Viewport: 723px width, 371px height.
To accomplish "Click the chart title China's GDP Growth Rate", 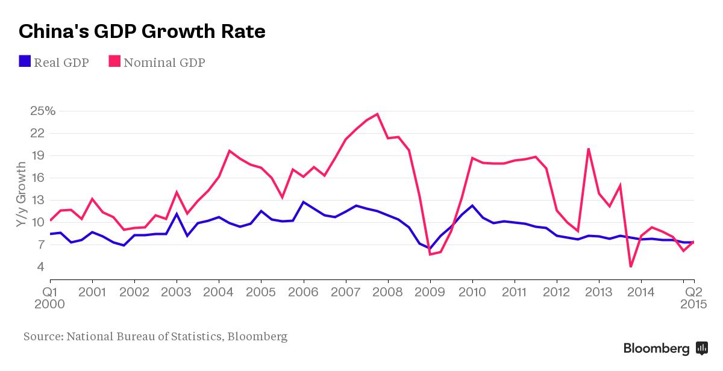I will point(142,31).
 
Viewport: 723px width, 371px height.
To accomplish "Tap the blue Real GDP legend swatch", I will point(25,61).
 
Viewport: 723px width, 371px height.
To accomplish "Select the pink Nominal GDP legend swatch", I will point(114,61).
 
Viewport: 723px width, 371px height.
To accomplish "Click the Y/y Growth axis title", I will point(21,194).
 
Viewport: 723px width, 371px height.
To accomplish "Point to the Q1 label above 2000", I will point(49,291).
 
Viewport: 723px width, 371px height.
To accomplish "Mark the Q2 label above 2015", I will point(694,291).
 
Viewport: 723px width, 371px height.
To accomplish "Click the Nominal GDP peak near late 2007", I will point(377,114).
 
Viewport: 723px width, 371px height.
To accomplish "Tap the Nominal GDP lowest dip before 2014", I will point(630,266).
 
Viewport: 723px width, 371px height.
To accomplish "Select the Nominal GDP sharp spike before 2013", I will point(588,149).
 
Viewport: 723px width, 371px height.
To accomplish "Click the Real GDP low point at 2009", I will point(430,248).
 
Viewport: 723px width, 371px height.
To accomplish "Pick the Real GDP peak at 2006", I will point(304,202).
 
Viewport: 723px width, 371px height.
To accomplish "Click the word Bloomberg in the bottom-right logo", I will point(656,348).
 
